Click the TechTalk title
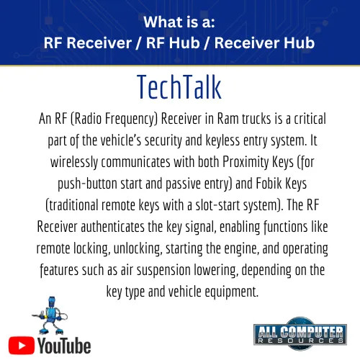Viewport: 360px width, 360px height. coord(179,87)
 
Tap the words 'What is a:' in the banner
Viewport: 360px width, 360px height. coord(179,22)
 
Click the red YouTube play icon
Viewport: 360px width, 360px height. coord(22,345)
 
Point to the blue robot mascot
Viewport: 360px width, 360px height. coord(50,315)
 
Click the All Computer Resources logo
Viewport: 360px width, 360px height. coord(300,333)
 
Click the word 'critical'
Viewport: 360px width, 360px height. coord(310,119)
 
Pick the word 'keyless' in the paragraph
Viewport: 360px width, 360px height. coord(222,141)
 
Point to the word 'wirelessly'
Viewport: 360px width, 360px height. coord(74,163)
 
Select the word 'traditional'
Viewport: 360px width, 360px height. coord(72,205)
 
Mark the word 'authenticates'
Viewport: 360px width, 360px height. coord(113,227)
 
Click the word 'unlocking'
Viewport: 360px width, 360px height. coord(137,249)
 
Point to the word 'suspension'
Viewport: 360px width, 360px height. coord(163,271)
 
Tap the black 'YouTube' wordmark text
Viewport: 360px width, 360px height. coord(64,346)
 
